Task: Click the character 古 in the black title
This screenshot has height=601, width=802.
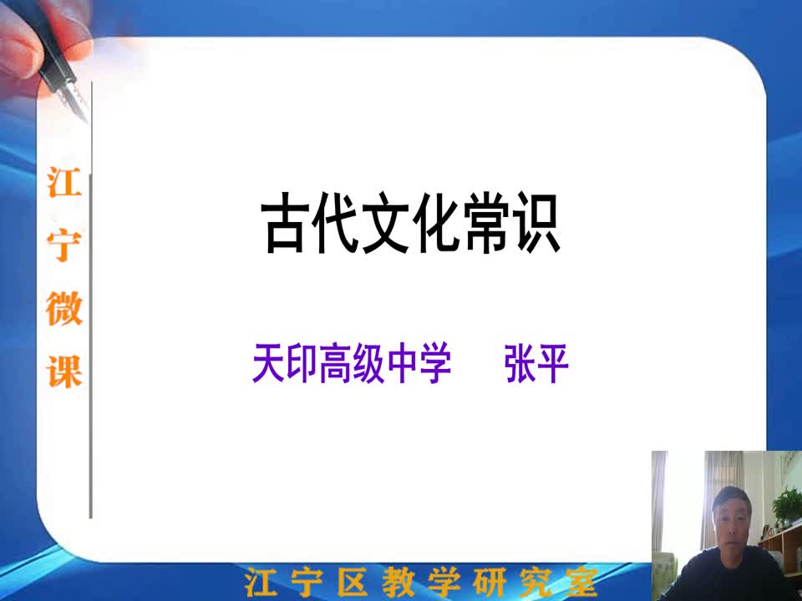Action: (285, 223)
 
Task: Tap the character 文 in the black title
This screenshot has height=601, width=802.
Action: (385, 223)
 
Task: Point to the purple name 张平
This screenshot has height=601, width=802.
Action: (536, 363)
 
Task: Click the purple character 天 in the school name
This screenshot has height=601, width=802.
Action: (268, 363)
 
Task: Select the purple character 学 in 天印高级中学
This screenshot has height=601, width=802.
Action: (434, 363)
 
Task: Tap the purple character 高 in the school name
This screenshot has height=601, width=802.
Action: (335, 363)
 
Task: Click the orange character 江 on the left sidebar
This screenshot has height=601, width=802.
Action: (64, 182)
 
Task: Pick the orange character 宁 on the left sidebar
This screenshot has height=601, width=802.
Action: (64, 245)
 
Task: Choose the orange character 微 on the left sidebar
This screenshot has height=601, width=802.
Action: (64, 308)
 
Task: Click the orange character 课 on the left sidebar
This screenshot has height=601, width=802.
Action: (64, 371)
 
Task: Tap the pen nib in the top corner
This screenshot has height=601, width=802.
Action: (74, 101)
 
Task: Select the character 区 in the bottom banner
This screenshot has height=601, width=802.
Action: (353, 582)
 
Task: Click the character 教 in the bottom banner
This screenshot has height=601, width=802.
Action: (399, 582)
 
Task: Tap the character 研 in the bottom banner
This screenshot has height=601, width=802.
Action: (490, 582)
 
